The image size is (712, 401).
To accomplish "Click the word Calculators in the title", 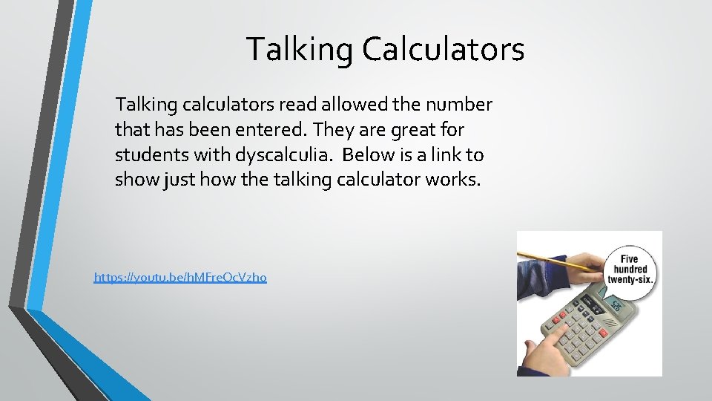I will click(x=444, y=50).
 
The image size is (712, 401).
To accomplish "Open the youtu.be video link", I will click(x=180, y=278).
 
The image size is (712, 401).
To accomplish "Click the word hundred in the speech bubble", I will click(x=629, y=268).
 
